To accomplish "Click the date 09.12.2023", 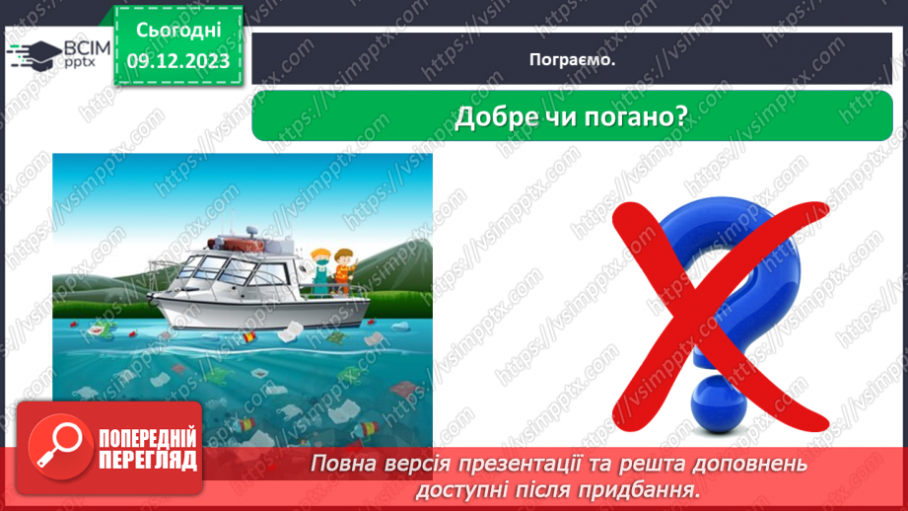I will tap(177, 60).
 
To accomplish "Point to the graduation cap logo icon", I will tap(32, 55).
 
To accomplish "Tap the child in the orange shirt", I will tap(343, 269).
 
